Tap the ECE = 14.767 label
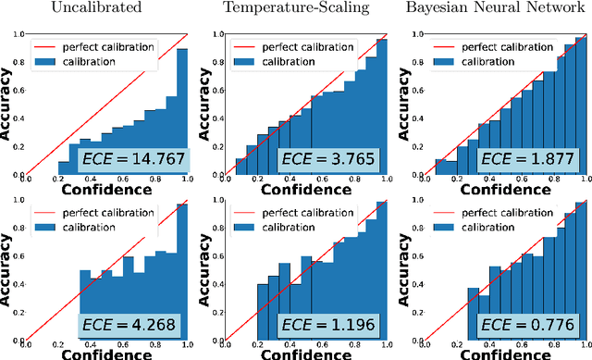131,159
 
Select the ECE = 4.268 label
131,326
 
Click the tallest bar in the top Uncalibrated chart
181,111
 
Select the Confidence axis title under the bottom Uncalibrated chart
105,355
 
